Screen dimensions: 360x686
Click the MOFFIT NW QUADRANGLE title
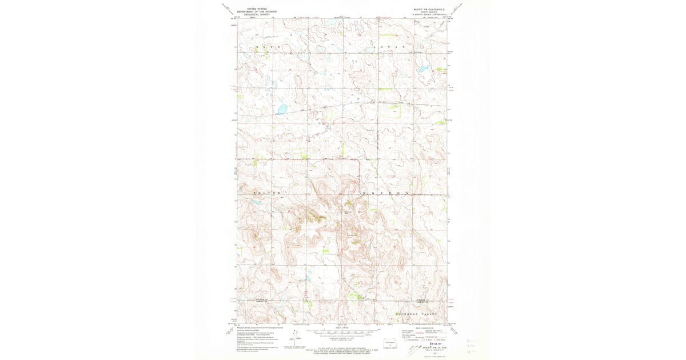[428, 9]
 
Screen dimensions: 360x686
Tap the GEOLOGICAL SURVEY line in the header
[257, 14]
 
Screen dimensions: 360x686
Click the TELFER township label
[268, 194]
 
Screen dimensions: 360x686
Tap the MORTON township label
[385, 194]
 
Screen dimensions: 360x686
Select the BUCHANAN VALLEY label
[417, 314]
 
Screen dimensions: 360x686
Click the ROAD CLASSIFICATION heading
[425, 327]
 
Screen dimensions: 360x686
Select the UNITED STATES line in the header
[257, 9]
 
